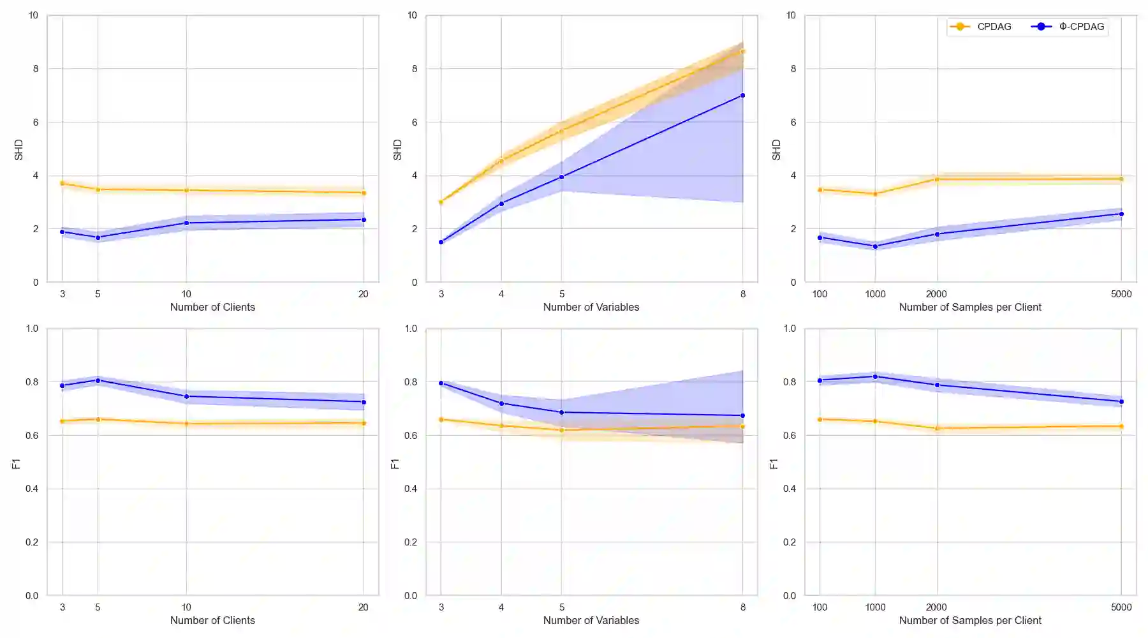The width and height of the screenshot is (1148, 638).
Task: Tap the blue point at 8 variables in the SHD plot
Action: [742, 96]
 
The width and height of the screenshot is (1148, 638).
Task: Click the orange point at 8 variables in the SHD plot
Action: [742, 52]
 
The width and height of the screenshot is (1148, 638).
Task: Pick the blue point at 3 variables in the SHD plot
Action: [441, 242]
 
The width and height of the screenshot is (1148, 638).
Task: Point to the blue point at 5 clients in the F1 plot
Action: [98, 380]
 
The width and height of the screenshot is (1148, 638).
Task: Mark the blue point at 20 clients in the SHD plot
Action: [364, 219]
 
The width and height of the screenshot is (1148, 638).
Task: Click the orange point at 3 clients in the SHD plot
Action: [62, 183]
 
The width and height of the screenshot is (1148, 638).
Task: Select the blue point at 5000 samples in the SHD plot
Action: [1121, 214]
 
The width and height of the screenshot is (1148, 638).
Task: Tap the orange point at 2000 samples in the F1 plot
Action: [936, 428]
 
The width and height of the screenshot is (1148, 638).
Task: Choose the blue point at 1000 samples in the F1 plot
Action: [875, 376]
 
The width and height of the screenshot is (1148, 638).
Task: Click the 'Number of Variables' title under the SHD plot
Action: [591, 307]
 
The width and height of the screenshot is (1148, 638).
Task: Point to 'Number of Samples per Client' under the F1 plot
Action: [969, 620]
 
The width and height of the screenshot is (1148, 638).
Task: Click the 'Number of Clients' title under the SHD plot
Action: [212, 307]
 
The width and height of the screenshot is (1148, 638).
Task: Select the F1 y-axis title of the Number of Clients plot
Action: [17, 464]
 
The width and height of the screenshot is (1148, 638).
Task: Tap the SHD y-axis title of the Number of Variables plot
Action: [397, 150]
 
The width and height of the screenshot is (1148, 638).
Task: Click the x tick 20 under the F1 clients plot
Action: [364, 607]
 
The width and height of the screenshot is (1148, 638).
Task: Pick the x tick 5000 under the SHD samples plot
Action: [1121, 294]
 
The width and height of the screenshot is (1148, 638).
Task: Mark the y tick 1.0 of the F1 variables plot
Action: [411, 329]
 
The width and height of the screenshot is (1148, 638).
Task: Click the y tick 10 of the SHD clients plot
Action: [33, 15]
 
